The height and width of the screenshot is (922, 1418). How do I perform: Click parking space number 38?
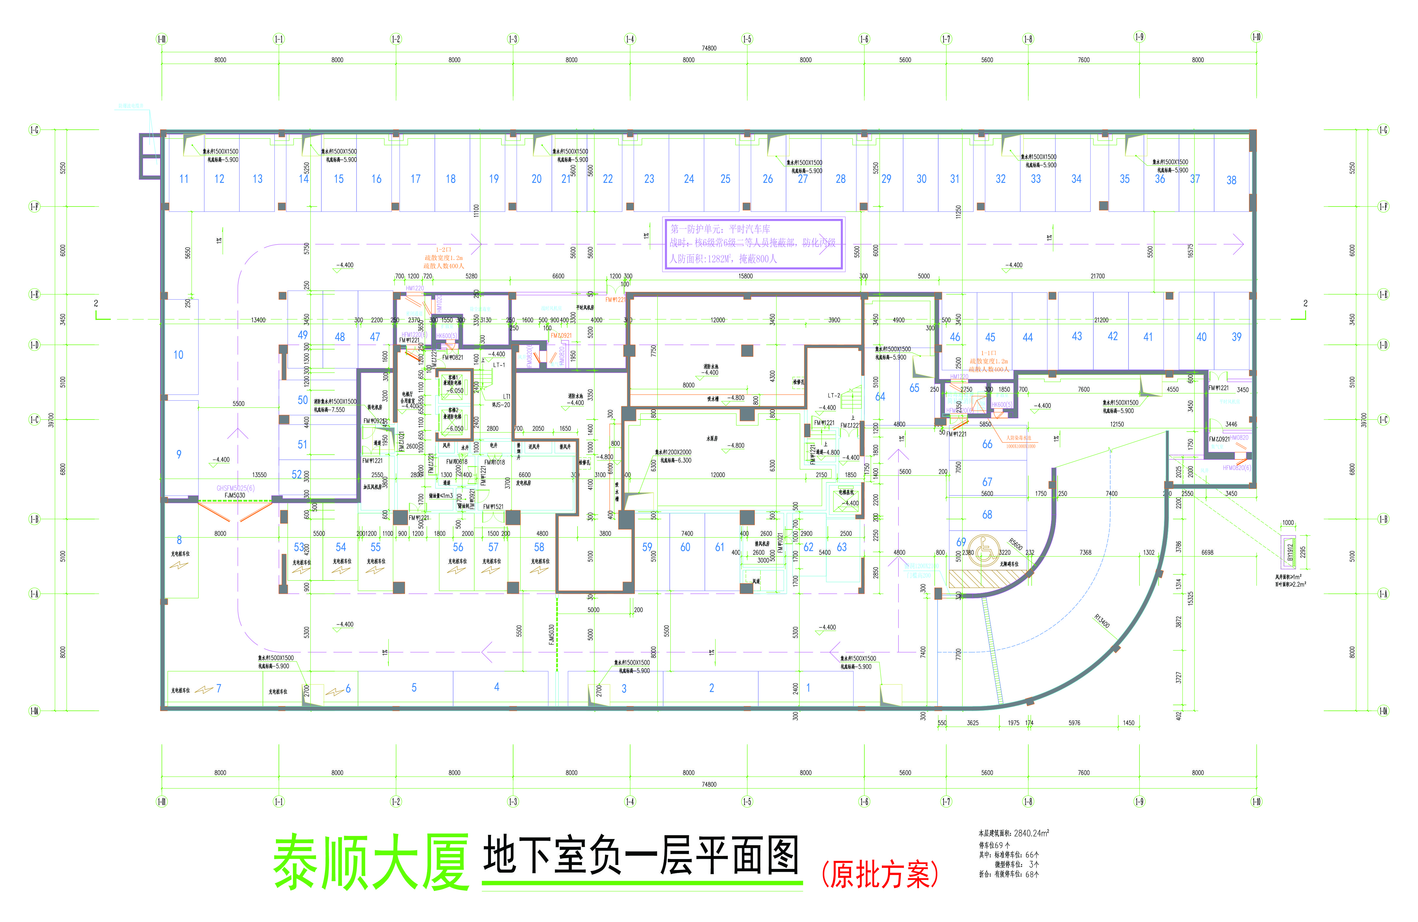[1231, 180]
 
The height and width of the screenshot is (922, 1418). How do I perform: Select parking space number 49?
[303, 335]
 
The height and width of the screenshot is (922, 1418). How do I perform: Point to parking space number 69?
[961, 542]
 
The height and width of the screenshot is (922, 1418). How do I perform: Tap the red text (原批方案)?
[879, 874]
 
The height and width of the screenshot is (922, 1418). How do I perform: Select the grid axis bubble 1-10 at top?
[1256, 37]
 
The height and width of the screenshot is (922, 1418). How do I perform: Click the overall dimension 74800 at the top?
[709, 48]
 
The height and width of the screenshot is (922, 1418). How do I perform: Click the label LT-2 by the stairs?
[834, 395]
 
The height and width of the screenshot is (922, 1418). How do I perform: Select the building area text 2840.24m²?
[1031, 833]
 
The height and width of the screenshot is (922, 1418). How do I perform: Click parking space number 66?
[987, 444]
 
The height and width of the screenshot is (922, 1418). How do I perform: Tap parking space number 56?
[458, 547]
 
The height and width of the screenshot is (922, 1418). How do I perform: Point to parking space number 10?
[178, 355]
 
